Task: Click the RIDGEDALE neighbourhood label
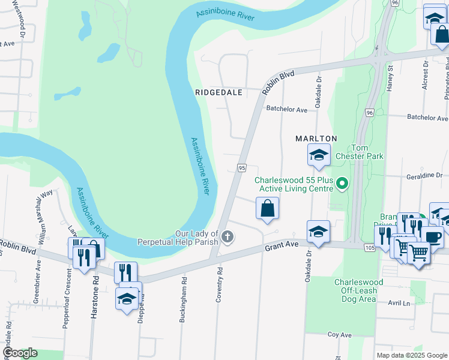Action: [218, 92]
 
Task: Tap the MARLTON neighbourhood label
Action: [316, 138]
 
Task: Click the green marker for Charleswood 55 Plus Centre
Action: [342, 183]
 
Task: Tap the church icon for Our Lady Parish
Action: [227, 238]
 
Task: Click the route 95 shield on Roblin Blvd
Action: [241, 169]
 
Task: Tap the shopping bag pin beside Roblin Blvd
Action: [268, 209]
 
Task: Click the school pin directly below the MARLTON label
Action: [319, 155]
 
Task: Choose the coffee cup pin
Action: [432, 236]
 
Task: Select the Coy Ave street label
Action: [339, 334]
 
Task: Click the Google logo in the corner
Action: [20, 353]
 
